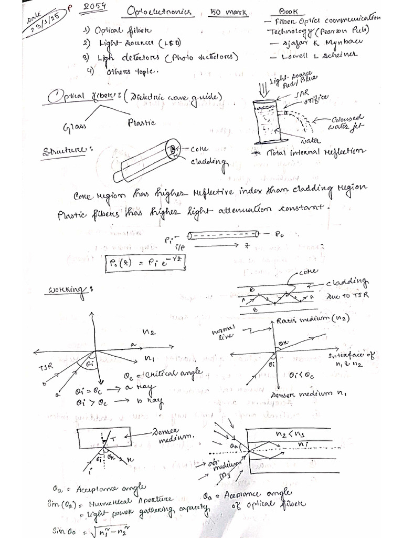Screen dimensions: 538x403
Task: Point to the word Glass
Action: coord(75,127)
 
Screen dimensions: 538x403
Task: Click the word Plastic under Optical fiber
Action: coord(141,122)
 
